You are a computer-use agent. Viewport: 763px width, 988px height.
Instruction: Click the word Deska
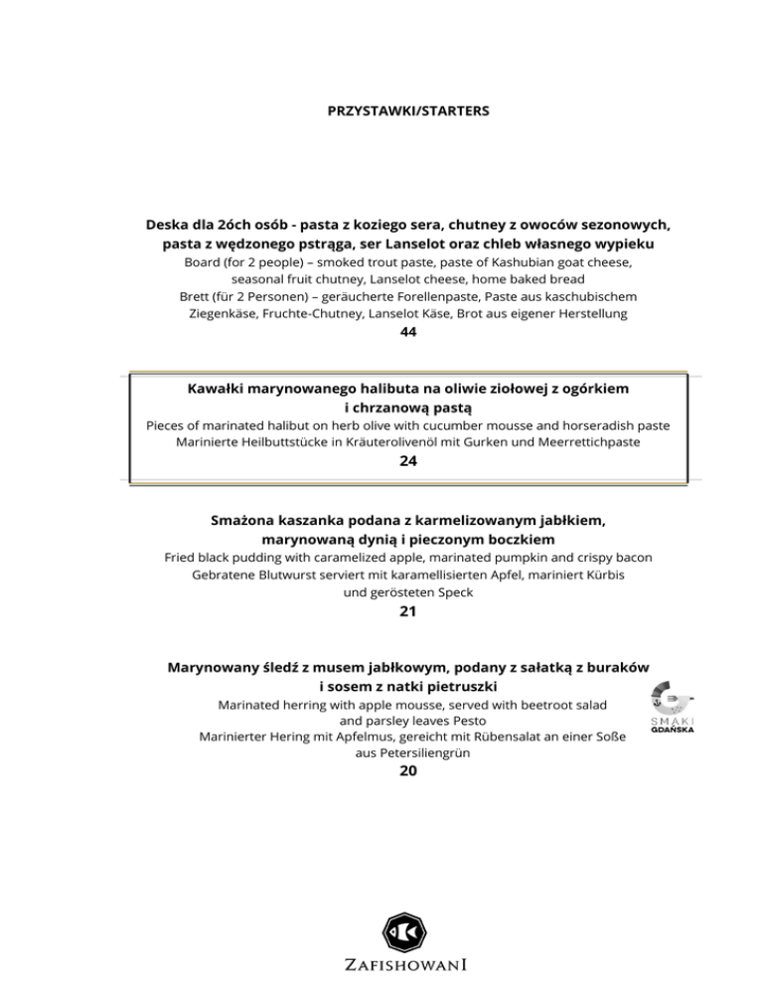[170, 225]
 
